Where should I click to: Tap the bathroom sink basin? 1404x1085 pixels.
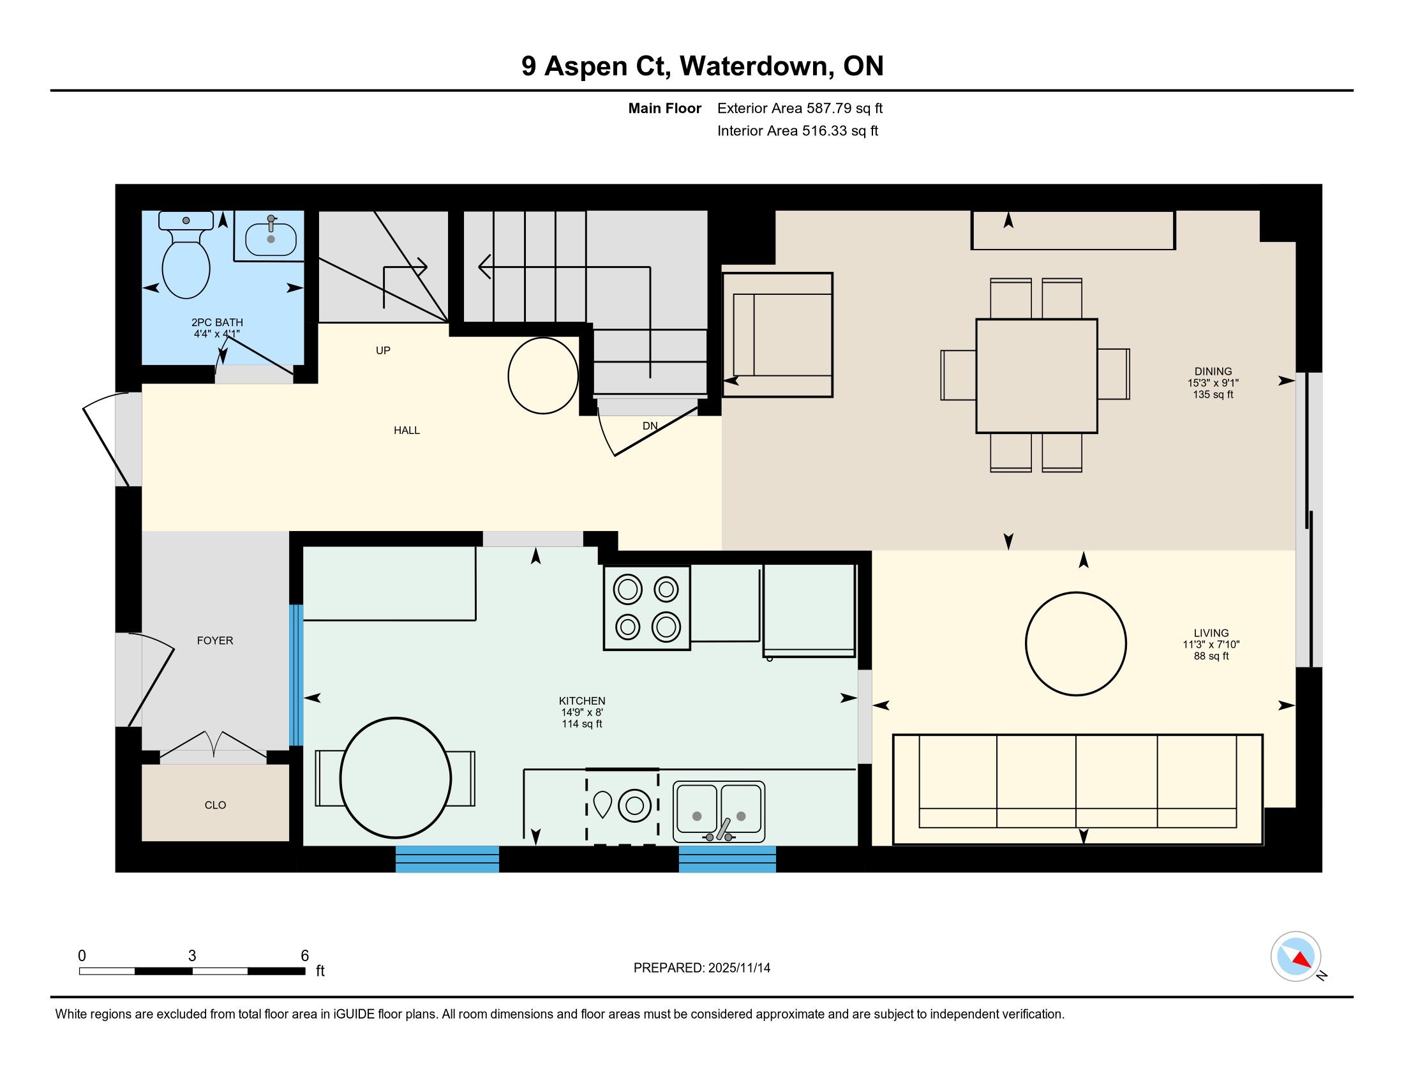click(x=271, y=238)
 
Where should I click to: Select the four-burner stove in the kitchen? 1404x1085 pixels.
click(x=646, y=608)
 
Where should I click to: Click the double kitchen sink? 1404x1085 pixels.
click(x=719, y=812)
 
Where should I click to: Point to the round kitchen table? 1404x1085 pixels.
click(x=396, y=779)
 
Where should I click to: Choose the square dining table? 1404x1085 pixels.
click(x=1036, y=376)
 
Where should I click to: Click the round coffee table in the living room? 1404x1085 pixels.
click(x=1075, y=643)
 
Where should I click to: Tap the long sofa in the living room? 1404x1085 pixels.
click(x=1077, y=789)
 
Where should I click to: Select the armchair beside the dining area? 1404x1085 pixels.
click(x=778, y=335)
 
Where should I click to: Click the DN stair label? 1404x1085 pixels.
click(x=650, y=426)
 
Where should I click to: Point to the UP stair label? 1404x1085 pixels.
click(x=383, y=350)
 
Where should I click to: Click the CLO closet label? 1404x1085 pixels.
click(x=215, y=805)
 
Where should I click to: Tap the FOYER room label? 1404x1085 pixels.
click(x=214, y=640)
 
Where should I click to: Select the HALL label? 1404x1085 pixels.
click(x=407, y=430)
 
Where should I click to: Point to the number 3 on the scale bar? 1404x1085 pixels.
click(x=192, y=956)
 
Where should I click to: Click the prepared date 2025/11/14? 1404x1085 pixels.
click(x=738, y=968)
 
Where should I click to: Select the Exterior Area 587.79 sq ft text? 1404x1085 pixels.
click(x=800, y=108)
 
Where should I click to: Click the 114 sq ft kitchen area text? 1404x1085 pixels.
click(x=582, y=724)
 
